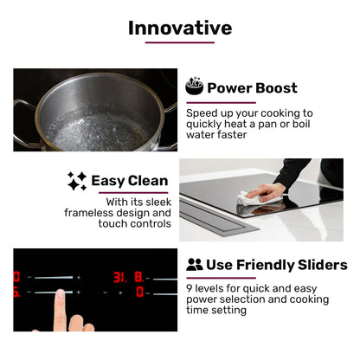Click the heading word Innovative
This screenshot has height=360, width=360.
180,27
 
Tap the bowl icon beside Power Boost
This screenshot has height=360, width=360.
195,87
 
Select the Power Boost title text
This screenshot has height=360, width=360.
252,87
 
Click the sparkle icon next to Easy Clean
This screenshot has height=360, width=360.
77,181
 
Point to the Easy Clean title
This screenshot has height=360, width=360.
130,181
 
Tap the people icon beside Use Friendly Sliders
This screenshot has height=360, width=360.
195,265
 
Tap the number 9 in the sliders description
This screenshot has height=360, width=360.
190,287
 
